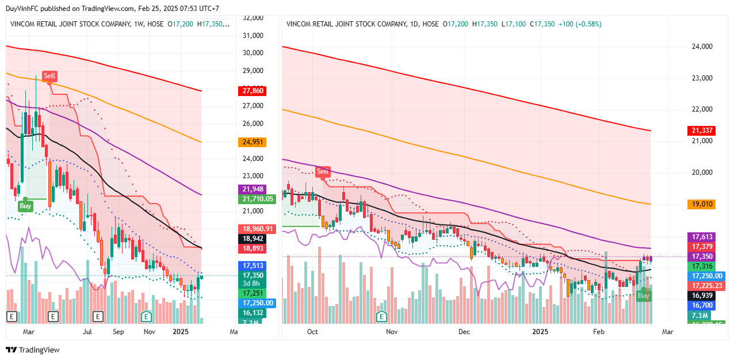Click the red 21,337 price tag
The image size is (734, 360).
point(701,131)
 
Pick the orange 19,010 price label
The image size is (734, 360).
point(701,204)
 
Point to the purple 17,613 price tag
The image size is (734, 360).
point(701,237)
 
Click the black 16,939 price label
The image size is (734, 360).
point(701,296)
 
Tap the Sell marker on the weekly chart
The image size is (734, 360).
point(50,76)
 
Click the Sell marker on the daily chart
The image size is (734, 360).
point(323,171)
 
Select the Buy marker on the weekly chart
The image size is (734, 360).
point(25,206)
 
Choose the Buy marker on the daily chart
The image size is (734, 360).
point(644,296)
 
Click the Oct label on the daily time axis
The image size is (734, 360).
point(312,332)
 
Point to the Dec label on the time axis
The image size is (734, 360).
point(464,332)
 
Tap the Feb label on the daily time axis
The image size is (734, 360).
point(599,332)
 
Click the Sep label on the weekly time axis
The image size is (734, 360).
point(118,332)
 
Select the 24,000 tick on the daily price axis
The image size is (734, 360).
point(701,47)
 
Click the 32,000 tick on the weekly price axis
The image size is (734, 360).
point(253,18)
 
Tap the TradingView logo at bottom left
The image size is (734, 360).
point(33,350)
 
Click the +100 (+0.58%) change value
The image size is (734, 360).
point(580,24)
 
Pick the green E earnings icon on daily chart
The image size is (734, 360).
point(381,316)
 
